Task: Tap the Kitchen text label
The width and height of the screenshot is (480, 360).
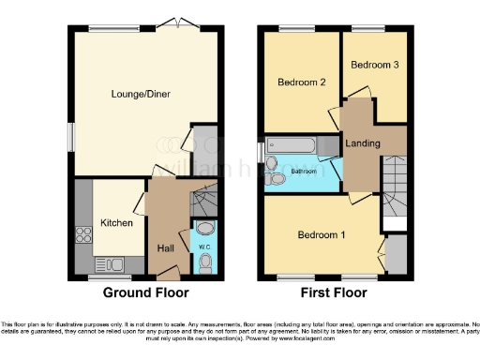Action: click(117, 223)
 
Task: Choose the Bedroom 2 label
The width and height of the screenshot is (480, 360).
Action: click(301, 82)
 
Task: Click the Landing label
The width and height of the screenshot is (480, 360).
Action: click(362, 143)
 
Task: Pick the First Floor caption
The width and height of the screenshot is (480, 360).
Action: click(333, 292)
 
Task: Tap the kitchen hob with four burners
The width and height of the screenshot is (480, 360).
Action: click(82, 234)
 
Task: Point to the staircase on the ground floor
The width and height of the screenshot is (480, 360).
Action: click(203, 200)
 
